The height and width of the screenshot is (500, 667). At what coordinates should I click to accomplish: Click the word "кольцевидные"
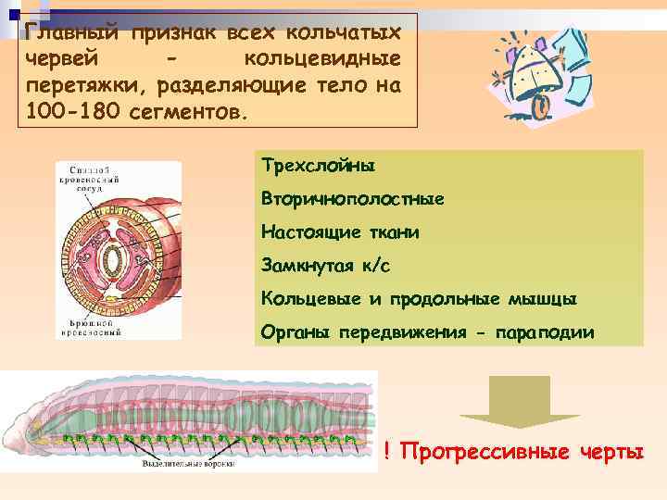click(321, 60)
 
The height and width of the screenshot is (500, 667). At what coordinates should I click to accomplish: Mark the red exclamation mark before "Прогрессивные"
click(386, 451)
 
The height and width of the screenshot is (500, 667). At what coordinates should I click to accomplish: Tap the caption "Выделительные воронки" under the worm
click(186, 463)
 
